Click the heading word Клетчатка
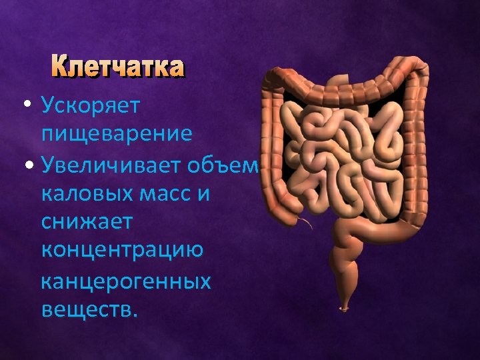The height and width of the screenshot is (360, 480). [117, 67]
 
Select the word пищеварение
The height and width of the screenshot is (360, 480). [117, 134]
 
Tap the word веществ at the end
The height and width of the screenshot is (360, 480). [87, 308]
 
